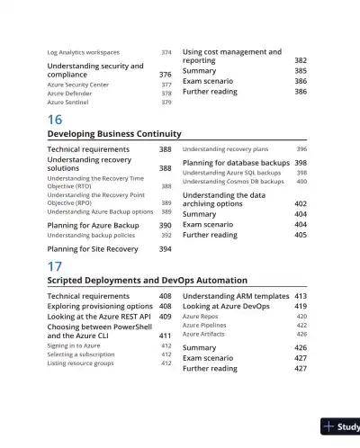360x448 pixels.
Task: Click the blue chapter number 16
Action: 55,121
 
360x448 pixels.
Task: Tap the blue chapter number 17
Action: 55,267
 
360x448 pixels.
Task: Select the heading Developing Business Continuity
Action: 113,134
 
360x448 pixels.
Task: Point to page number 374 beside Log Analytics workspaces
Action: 166,53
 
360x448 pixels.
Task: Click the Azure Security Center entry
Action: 77,85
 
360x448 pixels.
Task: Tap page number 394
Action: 166,248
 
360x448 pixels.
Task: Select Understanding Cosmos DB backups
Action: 231,182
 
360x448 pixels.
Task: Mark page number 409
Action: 166,317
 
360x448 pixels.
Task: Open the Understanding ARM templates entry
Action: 235,296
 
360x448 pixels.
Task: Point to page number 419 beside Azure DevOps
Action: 301,307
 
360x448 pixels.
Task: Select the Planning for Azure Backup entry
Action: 93,225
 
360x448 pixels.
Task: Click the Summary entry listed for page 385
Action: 199,71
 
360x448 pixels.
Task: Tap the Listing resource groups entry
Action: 81,363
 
